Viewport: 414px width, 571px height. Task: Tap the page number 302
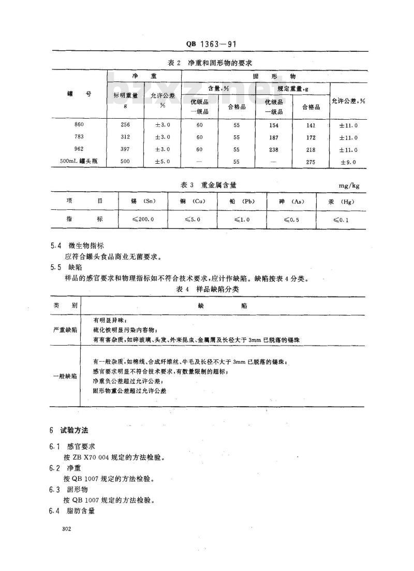point(66,529)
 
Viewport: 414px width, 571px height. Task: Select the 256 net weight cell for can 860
point(125,125)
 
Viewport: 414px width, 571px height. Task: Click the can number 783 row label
point(79,137)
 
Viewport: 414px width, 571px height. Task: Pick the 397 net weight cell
point(125,149)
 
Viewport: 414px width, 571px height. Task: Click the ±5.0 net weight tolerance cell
point(162,161)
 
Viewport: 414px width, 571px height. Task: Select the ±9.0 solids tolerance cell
point(348,162)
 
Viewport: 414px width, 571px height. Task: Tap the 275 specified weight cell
point(310,162)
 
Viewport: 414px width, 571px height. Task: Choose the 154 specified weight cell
point(274,125)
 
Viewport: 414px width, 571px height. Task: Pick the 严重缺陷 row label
point(65,330)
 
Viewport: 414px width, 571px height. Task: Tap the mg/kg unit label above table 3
point(350,184)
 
